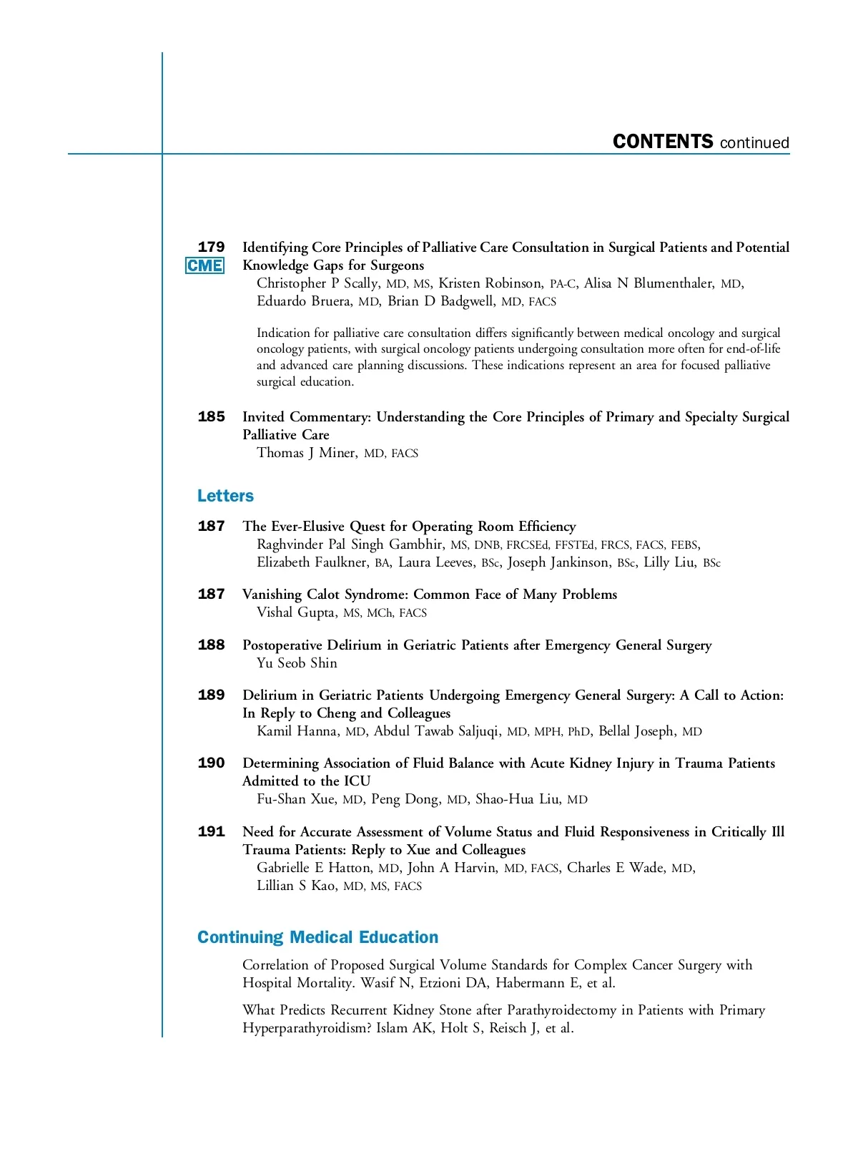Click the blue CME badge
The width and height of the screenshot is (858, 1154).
204,266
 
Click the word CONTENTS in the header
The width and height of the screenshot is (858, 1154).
663,142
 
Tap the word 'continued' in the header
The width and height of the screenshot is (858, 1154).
754,143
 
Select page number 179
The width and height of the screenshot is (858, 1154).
211,248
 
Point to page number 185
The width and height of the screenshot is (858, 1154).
211,417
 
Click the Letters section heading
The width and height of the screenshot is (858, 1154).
225,496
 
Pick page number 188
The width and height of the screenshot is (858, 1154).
211,645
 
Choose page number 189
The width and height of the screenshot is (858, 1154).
211,695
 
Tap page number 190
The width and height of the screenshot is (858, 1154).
211,763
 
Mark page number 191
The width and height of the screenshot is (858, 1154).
211,832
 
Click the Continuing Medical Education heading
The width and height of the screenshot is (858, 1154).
317,937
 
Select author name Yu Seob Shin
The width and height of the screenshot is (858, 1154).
297,663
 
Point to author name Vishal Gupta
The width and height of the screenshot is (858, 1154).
296,612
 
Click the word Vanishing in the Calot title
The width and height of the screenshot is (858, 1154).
272,595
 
